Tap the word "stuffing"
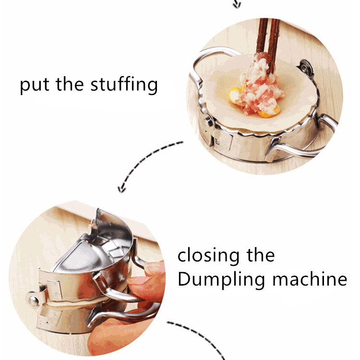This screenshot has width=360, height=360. tap(124, 84)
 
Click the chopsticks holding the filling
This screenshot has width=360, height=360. tap(269, 44)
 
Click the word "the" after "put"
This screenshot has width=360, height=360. tap(70, 84)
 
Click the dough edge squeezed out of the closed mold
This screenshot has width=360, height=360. tap(76, 302)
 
